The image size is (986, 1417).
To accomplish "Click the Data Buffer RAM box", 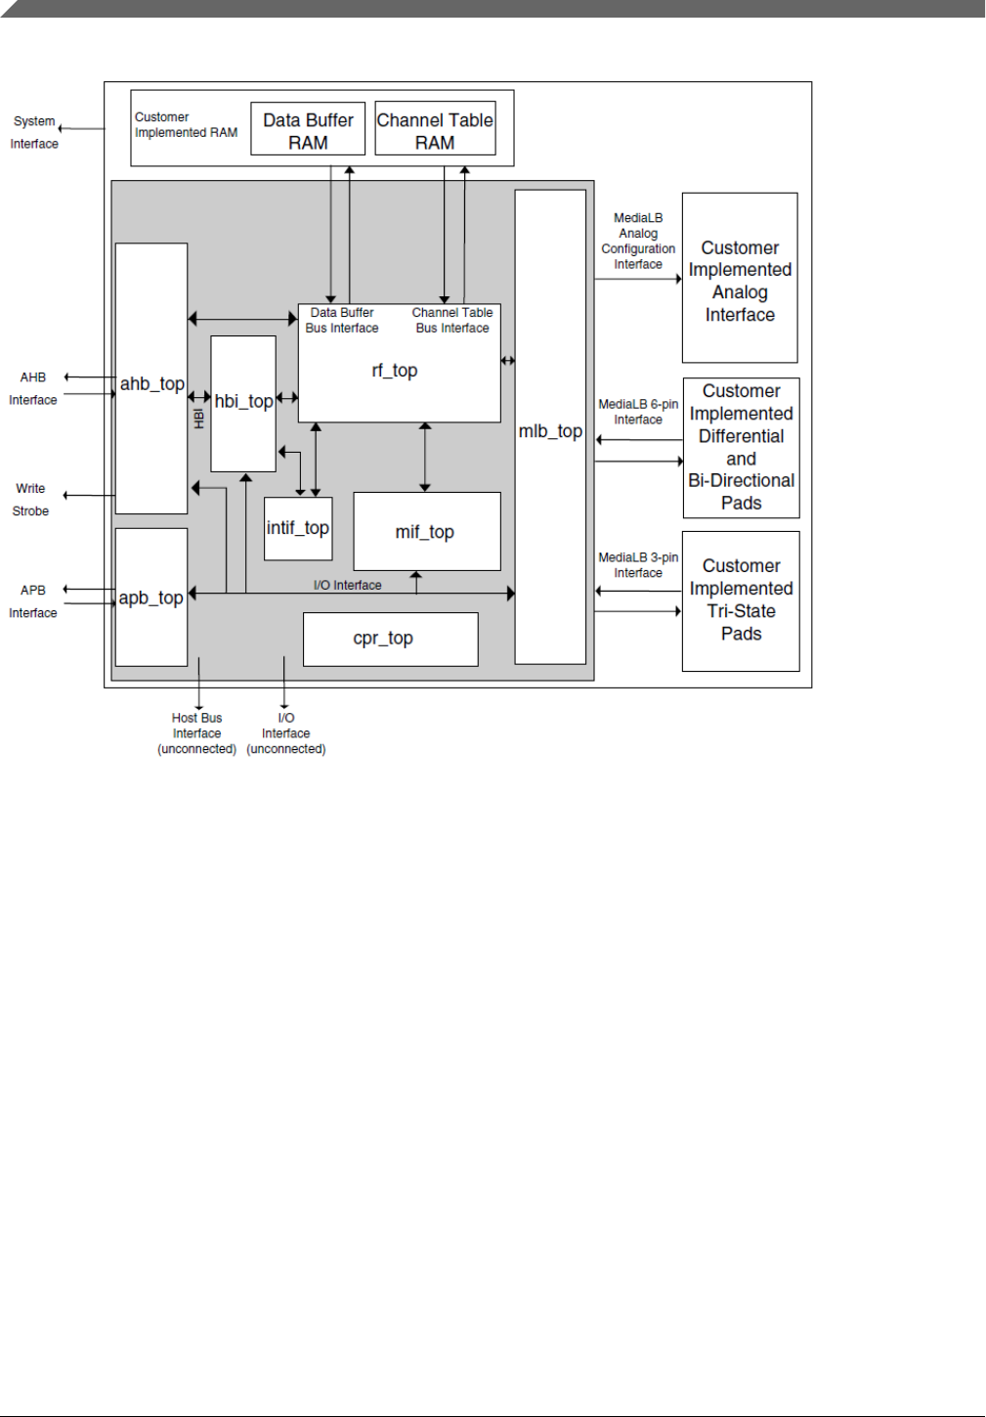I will tap(308, 129).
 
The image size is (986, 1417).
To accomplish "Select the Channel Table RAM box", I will tap(435, 129).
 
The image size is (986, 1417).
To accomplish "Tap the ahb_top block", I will tap(151, 383).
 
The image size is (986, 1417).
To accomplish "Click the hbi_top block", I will tap(243, 402).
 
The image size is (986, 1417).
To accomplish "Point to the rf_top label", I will tap(395, 371).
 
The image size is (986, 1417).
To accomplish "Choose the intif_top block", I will tap(298, 528).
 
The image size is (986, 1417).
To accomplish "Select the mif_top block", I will tap(425, 532).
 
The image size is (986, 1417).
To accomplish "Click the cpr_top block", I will tap(390, 639).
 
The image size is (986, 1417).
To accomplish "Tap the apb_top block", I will tap(151, 598).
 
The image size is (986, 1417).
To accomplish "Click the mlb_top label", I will tap(550, 431).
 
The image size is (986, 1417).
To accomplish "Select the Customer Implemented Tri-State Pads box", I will tap(741, 599).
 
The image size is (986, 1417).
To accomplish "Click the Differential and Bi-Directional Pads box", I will tap(741, 447).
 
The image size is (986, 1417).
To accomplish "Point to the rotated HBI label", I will tap(199, 418).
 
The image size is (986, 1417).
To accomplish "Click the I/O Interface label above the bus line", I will tap(347, 585).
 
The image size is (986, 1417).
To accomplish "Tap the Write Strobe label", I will tap(30, 499).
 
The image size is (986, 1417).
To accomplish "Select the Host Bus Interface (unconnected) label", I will tap(197, 733).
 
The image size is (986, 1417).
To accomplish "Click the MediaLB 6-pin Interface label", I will tap(638, 412).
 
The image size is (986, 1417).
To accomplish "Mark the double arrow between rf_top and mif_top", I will tap(425, 457).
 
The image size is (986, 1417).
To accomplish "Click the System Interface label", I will tap(34, 132).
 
